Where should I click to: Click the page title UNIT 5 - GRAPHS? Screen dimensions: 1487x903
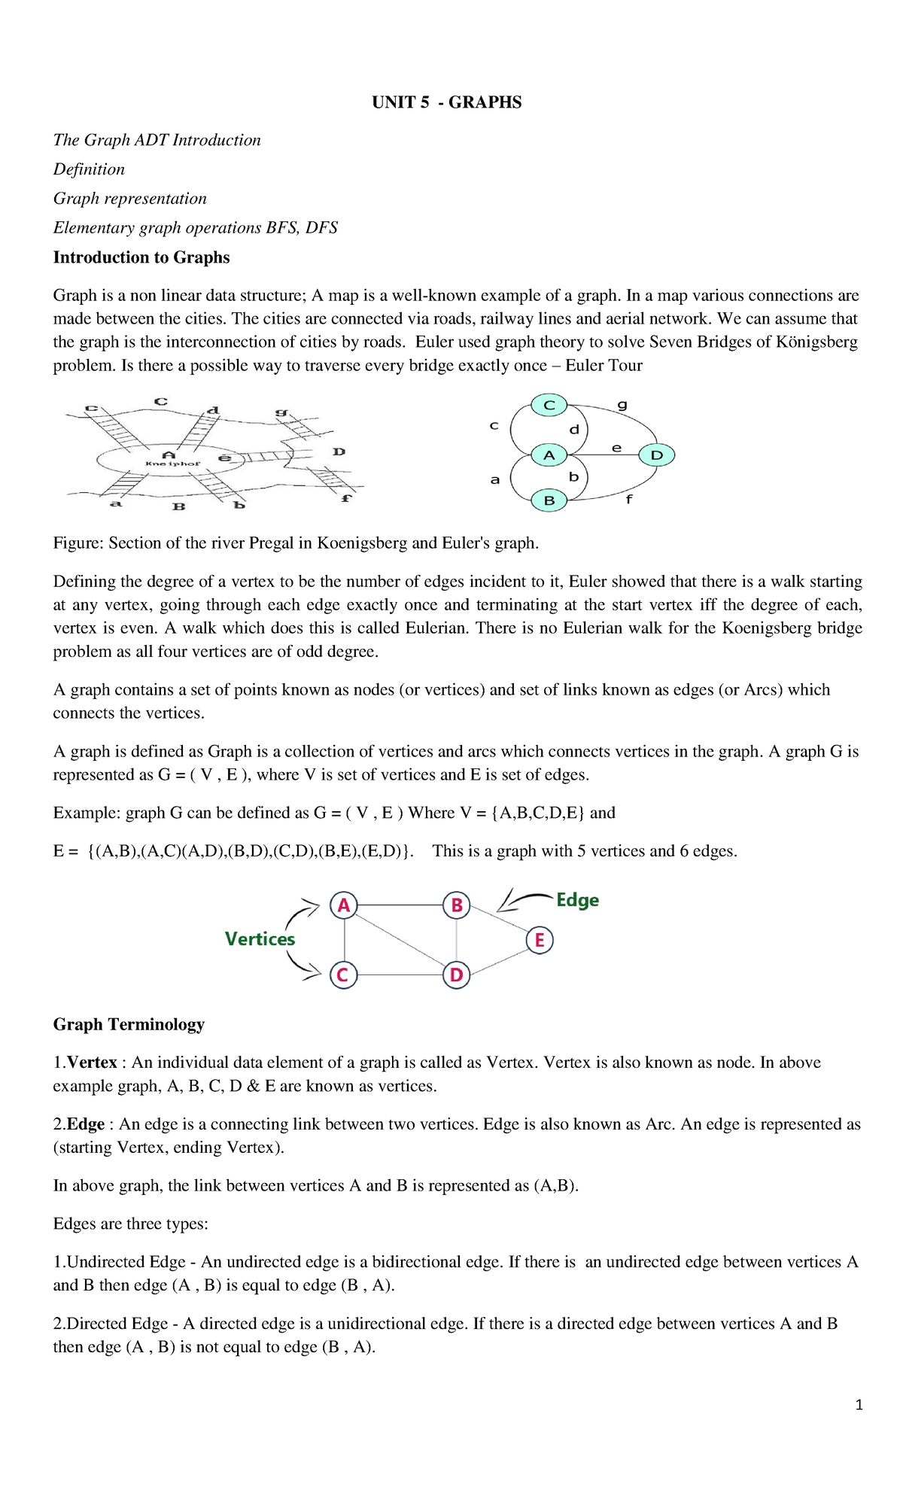coord(446,102)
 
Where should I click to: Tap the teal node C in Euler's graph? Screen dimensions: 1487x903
coord(549,406)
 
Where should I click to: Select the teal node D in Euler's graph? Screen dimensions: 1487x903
coord(656,455)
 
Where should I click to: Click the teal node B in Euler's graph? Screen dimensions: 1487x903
coord(549,500)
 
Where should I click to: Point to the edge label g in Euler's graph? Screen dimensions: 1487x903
coord(622,405)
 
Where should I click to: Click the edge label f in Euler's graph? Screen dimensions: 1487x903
coord(629,499)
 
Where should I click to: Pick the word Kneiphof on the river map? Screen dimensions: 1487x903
coord(172,464)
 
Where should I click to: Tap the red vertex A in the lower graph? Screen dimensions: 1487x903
coord(344,905)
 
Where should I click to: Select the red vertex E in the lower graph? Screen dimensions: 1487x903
coord(540,940)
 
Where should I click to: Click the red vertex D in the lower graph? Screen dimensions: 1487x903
coord(456,975)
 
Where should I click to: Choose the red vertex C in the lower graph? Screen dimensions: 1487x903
coord(343,975)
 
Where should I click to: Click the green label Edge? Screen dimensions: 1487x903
coord(577,900)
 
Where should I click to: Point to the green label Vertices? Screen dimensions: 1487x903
coord(260,939)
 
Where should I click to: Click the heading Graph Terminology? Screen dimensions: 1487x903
coord(129,1024)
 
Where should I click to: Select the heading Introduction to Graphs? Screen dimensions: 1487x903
coord(141,257)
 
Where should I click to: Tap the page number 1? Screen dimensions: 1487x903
coord(859,1405)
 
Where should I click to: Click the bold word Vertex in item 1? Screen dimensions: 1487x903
coord(92,1063)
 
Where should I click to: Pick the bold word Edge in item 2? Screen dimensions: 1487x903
coord(86,1124)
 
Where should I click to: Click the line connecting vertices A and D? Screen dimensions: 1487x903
coord(400,940)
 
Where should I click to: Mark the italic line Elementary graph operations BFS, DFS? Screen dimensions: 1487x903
coord(195,228)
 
